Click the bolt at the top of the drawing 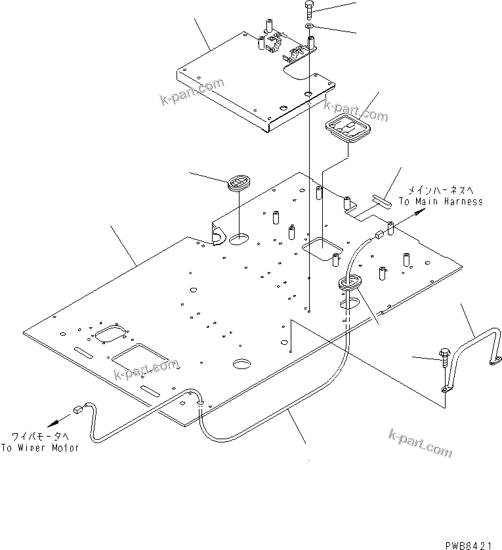pos(310,9)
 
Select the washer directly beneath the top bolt pos(309,26)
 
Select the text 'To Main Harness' pos(440,201)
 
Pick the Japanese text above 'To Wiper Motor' pos(43,436)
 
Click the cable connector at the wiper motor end pos(78,410)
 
